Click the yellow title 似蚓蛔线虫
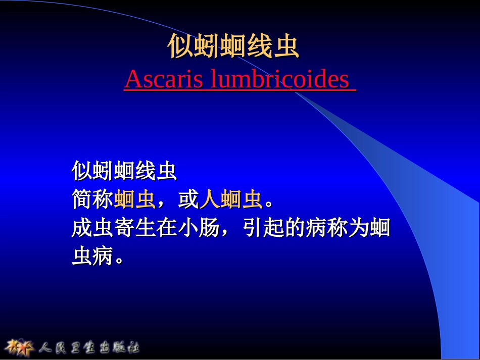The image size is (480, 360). [233, 47]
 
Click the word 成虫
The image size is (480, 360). [92, 229]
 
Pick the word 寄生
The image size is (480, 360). [135, 229]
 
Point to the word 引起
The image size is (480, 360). [263, 229]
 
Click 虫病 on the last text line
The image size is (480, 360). [92, 257]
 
